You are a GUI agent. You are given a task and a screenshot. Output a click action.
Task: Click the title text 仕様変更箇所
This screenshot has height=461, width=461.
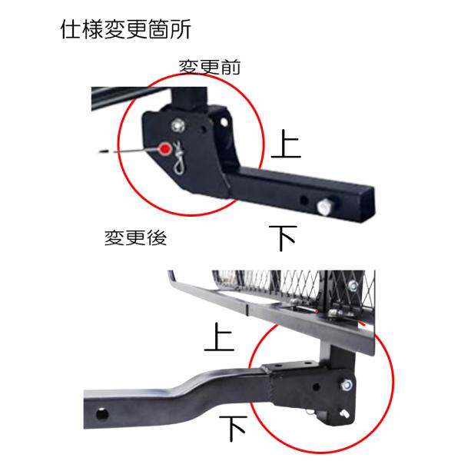126,29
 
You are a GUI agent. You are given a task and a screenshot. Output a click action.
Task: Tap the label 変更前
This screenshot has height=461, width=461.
210,67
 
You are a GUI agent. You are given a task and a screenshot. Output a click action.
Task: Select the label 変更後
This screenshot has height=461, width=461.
135,237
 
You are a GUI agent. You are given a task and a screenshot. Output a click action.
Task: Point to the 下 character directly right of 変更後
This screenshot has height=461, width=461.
283,238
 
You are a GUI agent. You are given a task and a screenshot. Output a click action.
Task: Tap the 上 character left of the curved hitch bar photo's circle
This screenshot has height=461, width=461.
219,337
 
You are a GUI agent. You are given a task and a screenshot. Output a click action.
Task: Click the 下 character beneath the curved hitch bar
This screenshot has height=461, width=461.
233,429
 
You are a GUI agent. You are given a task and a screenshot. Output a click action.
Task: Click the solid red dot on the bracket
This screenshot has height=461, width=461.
165,149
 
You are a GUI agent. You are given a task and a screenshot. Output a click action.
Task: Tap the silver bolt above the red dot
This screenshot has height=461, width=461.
178,126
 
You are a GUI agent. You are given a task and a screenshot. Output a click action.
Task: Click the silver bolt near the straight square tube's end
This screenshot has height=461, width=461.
323,207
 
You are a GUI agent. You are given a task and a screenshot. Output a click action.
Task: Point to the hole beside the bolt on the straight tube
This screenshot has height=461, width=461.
304,201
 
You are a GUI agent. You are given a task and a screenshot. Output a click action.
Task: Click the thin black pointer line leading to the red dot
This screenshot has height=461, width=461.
129,151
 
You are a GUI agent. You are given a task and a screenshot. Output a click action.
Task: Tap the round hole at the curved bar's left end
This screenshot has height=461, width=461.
102,415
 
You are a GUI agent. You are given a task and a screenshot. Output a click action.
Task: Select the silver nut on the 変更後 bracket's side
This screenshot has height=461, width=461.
347,385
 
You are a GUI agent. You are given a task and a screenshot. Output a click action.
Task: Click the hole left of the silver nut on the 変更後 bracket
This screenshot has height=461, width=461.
317,386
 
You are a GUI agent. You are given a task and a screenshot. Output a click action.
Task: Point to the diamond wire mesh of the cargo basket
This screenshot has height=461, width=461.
294,285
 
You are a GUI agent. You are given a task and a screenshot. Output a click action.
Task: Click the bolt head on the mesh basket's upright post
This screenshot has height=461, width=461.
353,284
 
